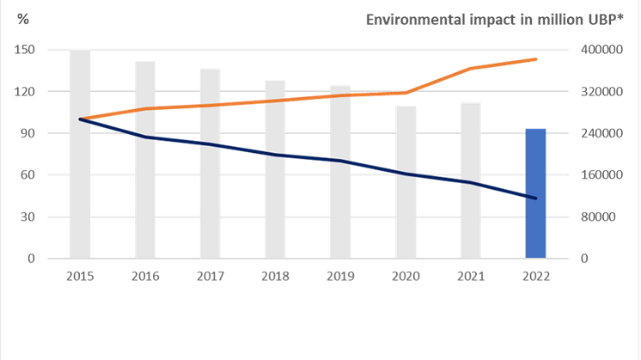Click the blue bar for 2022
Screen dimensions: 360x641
click(x=535, y=192)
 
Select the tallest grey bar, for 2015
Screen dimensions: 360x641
click(x=81, y=155)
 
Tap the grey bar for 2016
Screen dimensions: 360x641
click(x=145, y=159)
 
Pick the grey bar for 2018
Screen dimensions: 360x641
click(x=275, y=168)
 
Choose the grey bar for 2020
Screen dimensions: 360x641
click(x=406, y=181)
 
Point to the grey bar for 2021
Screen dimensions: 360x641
click(x=471, y=180)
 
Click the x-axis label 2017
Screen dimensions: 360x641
click(x=211, y=277)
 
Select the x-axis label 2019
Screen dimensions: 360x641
click(x=340, y=277)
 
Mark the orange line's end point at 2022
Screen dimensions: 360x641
click(x=535, y=59)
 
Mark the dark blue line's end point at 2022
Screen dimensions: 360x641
click(x=535, y=198)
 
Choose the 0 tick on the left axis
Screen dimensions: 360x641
click(x=30, y=258)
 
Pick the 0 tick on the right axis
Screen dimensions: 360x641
click(x=582, y=258)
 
